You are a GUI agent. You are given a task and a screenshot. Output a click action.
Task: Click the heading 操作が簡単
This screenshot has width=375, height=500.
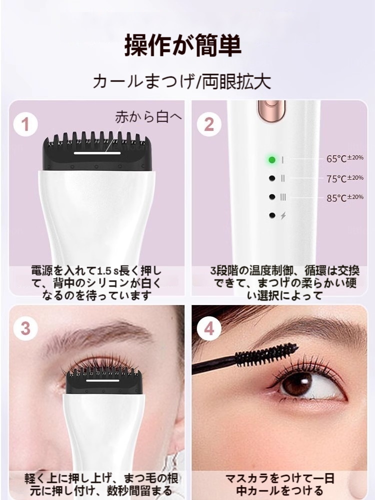coord(182,45)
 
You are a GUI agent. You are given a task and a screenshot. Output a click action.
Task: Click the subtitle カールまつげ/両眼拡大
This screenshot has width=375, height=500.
coord(182,81)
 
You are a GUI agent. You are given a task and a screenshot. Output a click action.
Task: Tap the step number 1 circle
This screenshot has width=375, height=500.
coord(25,124)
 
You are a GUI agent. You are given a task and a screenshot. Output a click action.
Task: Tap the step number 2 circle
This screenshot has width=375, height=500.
coord(209,124)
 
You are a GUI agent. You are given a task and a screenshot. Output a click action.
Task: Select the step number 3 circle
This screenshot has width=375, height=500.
coord(25,328)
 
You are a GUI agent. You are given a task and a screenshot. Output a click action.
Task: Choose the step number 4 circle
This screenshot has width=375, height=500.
coord(209,328)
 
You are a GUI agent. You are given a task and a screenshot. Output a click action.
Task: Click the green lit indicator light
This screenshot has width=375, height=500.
coord(271,159)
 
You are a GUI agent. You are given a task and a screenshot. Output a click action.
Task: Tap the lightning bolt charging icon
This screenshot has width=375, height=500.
coord(283,216)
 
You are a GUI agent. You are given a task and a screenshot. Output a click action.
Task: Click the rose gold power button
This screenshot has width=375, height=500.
coord(271,110)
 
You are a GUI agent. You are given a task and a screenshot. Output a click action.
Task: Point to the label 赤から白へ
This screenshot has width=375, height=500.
coord(148,117)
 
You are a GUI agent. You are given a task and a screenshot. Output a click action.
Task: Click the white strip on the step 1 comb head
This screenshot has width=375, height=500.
coord(97,153)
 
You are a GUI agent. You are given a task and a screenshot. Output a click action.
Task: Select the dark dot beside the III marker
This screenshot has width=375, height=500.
coord(272,197)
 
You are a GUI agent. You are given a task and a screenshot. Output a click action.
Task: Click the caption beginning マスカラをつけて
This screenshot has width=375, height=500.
coord(279,484)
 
